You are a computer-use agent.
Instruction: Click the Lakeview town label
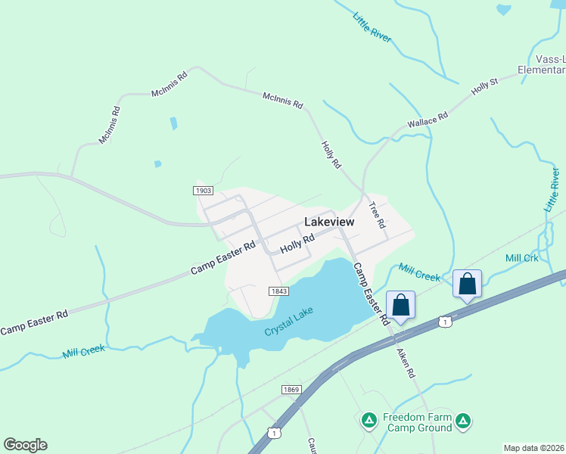point(329,222)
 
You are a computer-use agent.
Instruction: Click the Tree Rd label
point(377,214)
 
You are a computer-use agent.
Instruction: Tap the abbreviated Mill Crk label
point(522,258)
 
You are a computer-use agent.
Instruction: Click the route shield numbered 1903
point(204,191)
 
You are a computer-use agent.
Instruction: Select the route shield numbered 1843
point(277,291)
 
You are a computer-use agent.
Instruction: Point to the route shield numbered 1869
point(291,389)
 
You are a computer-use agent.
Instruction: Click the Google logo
point(25,445)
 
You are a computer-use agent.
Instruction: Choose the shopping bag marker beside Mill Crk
point(468,285)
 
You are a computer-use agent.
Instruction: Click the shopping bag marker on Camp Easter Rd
point(401,306)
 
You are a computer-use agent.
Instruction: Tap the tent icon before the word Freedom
point(369,419)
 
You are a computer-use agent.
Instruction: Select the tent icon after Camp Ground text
point(463,419)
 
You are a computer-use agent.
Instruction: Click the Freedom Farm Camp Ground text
point(417,422)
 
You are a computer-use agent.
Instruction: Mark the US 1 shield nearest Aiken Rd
point(446,321)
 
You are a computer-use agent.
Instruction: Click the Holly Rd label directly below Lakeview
point(297,244)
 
